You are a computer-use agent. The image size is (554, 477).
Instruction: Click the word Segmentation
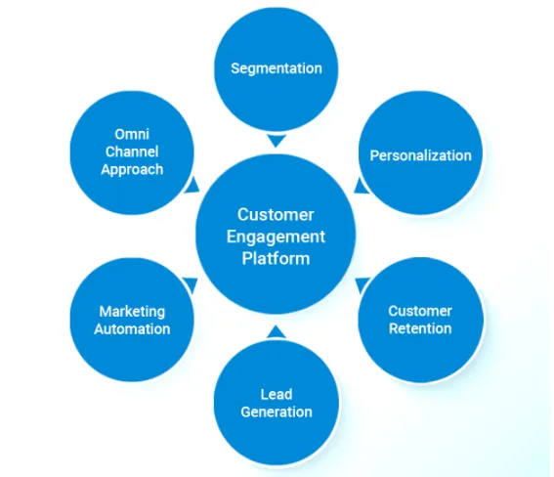click(x=277, y=68)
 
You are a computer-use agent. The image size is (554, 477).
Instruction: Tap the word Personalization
click(x=420, y=155)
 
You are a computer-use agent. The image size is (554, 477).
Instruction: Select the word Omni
click(x=132, y=135)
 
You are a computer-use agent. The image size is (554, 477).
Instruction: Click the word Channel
click(x=132, y=152)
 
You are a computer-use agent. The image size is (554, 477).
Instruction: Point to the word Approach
click(x=132, y=169)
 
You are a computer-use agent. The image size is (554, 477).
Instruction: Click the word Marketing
click(x=132, y=312)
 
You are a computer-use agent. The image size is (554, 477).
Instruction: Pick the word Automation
click(x=132, y=329)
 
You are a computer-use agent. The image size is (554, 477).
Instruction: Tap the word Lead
click(x=277, y=395)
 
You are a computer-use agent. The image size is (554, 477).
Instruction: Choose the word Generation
click(x=277, y=412)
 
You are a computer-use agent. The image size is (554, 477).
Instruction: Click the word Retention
click(x=420, y=328)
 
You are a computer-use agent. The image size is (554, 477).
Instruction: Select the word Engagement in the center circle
click(x=277, y=237)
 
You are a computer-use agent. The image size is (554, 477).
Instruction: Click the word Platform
click(x=277, y=258)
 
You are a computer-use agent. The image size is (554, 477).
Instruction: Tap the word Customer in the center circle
click(x=277, y=215)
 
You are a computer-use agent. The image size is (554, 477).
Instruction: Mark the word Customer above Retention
click(x=420, y=311)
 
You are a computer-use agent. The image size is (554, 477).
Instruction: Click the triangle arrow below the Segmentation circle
click(x=277, y=141)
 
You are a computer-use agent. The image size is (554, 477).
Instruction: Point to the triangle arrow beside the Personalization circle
click(x=361, y=185)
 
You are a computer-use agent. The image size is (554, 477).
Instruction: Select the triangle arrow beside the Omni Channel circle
click(x=192, y=184)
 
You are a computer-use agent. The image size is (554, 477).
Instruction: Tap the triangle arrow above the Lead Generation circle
click(x=277, y=331)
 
